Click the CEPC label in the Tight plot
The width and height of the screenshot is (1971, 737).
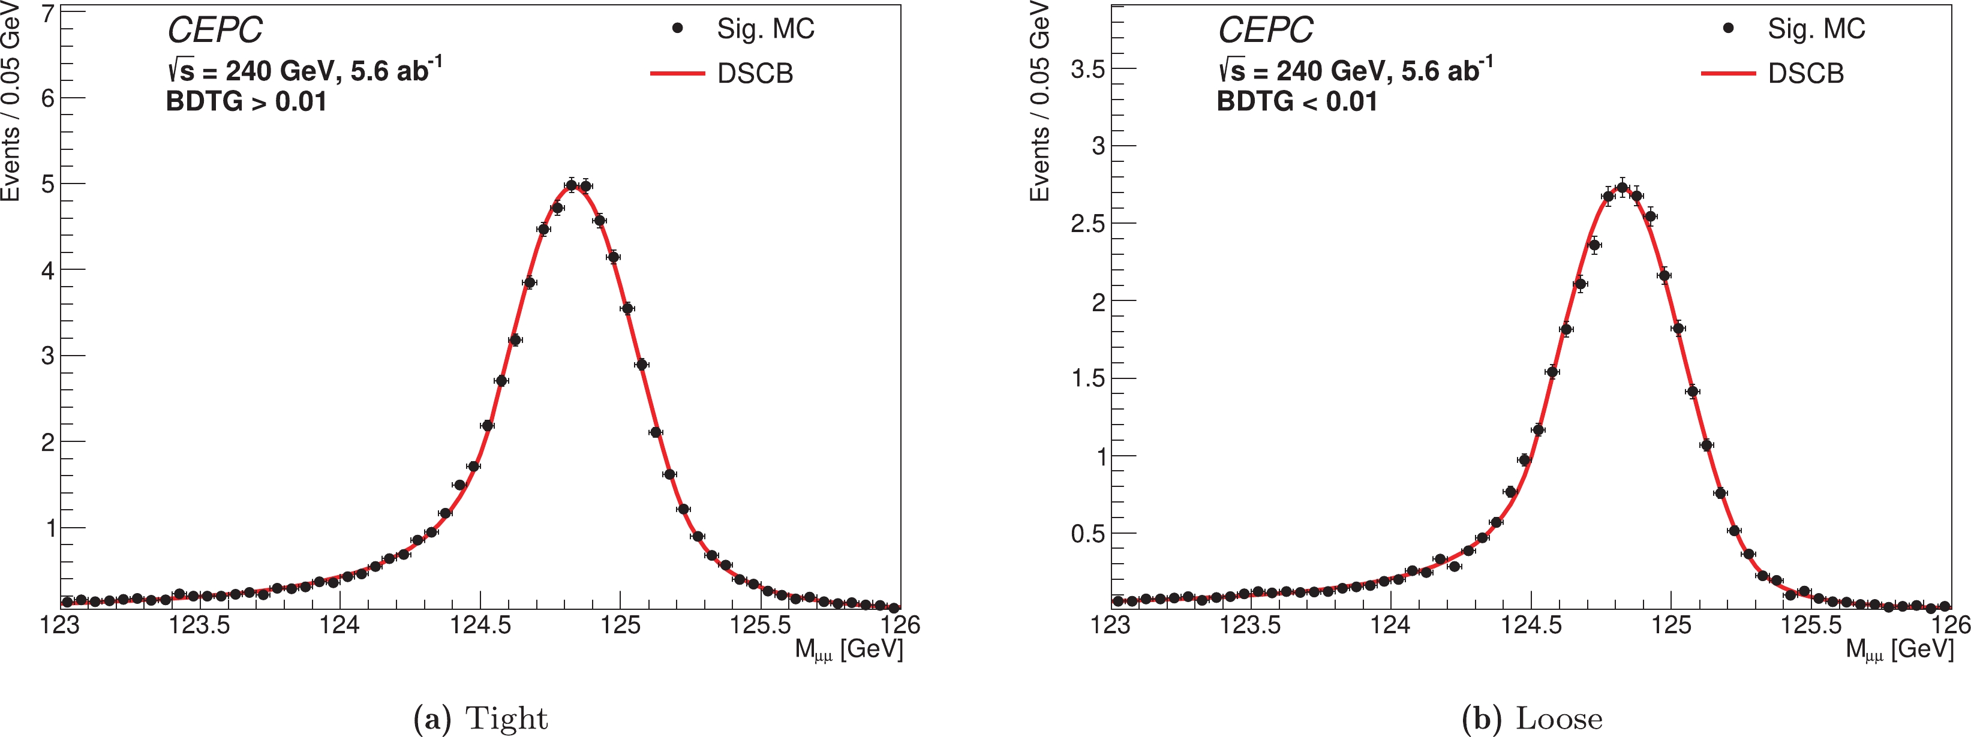pos(215,31)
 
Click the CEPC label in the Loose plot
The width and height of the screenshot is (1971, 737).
pos(1266,31)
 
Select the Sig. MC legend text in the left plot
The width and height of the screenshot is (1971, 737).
pos(765,29)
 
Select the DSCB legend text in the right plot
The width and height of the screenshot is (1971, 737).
pos(1805,74)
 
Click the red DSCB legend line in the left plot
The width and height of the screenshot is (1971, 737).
pos(677,74)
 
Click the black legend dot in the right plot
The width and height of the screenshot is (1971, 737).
pos(1727,28)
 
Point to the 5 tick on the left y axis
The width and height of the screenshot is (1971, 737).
pos(47,184)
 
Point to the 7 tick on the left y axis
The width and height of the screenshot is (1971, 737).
pos(47,14)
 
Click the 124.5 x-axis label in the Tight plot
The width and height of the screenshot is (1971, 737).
pos(480,625)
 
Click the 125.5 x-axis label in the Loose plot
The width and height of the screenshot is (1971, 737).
pos(1811,625)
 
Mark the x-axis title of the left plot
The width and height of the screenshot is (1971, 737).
pos(849,650)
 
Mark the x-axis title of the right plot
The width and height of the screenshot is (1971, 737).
pos(1899,650)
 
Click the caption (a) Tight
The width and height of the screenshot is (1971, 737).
pos(480,718)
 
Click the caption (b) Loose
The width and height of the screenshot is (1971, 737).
pos(1532,718)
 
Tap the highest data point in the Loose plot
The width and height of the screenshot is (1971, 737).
pos(1622,188)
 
